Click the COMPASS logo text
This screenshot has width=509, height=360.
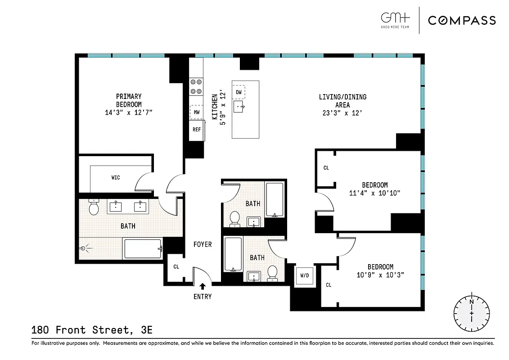[462, 20]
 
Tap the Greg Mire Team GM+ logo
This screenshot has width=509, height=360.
[396, 20]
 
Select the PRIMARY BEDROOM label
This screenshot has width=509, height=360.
[129, 100]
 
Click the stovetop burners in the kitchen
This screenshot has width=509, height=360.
[196, 86]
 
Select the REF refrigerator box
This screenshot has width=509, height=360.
[197, 130]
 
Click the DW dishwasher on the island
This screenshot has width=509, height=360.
[239, 92]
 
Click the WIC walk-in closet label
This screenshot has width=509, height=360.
[116, 178]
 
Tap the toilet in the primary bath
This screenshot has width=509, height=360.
[94, 207]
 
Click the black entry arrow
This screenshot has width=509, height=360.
[203, 286]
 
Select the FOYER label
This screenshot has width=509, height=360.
[203, 244]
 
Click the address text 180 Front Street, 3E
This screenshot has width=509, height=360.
[92, 330]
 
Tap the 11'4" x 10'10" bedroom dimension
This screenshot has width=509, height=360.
[375, 193]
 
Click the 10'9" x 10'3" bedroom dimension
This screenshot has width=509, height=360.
[380, 274]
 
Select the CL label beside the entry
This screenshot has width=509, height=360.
[176, 267]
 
